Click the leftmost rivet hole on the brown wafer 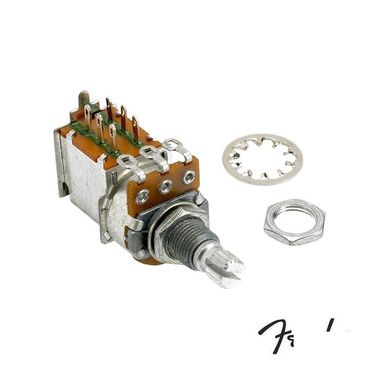point(142,194)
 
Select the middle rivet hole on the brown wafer point(165,186)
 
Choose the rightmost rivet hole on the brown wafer point(189,177)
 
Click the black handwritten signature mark point(284,332)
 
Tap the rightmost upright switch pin point(135,125)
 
